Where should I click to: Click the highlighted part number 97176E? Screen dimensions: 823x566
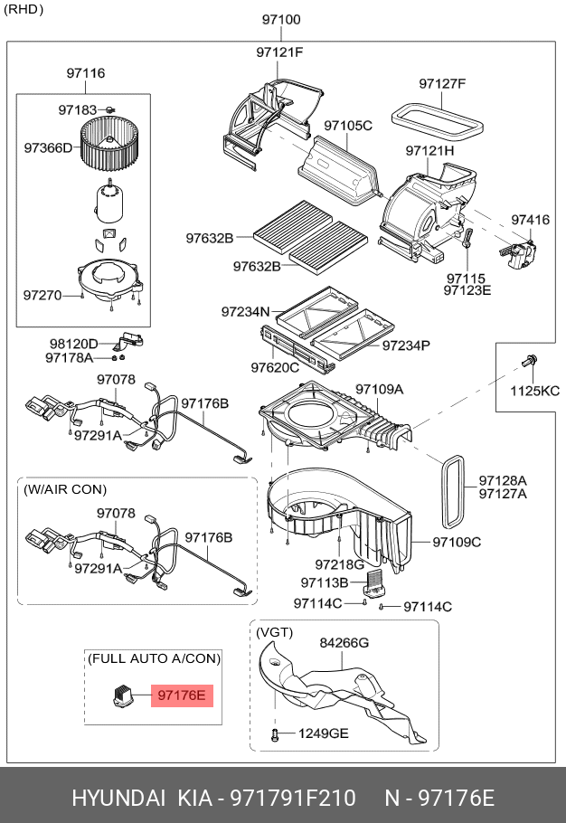(x=183, y=695)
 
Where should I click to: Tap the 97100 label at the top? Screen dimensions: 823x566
(x=282, y=19)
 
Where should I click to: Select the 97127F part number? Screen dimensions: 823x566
(x=442, y=84)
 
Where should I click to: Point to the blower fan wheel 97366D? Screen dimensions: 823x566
(x=108, y=146)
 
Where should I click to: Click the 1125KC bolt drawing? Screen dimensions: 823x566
(x=528, y=364)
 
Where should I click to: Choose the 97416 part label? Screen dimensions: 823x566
(x=530, y=220)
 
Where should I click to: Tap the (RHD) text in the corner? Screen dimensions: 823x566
(x=24, y=10)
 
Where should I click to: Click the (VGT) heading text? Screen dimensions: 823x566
(x=274, y=631)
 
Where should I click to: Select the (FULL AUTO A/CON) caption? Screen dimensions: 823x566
(x=154, y=658)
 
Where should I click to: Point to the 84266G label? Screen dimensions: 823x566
(x=344, y=643)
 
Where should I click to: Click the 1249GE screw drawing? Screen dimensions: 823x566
(x=274, y=733)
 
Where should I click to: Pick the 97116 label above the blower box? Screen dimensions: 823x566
(x=85, y=73)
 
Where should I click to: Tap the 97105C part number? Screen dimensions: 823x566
(x=348, y=125)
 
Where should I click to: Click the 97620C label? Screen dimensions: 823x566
(x=275, y=368)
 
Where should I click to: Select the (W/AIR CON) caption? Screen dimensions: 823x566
(x=65, y=489)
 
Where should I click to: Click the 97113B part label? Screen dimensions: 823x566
(x=325, y=582)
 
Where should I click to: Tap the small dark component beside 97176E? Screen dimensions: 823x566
(x=122, y=695)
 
